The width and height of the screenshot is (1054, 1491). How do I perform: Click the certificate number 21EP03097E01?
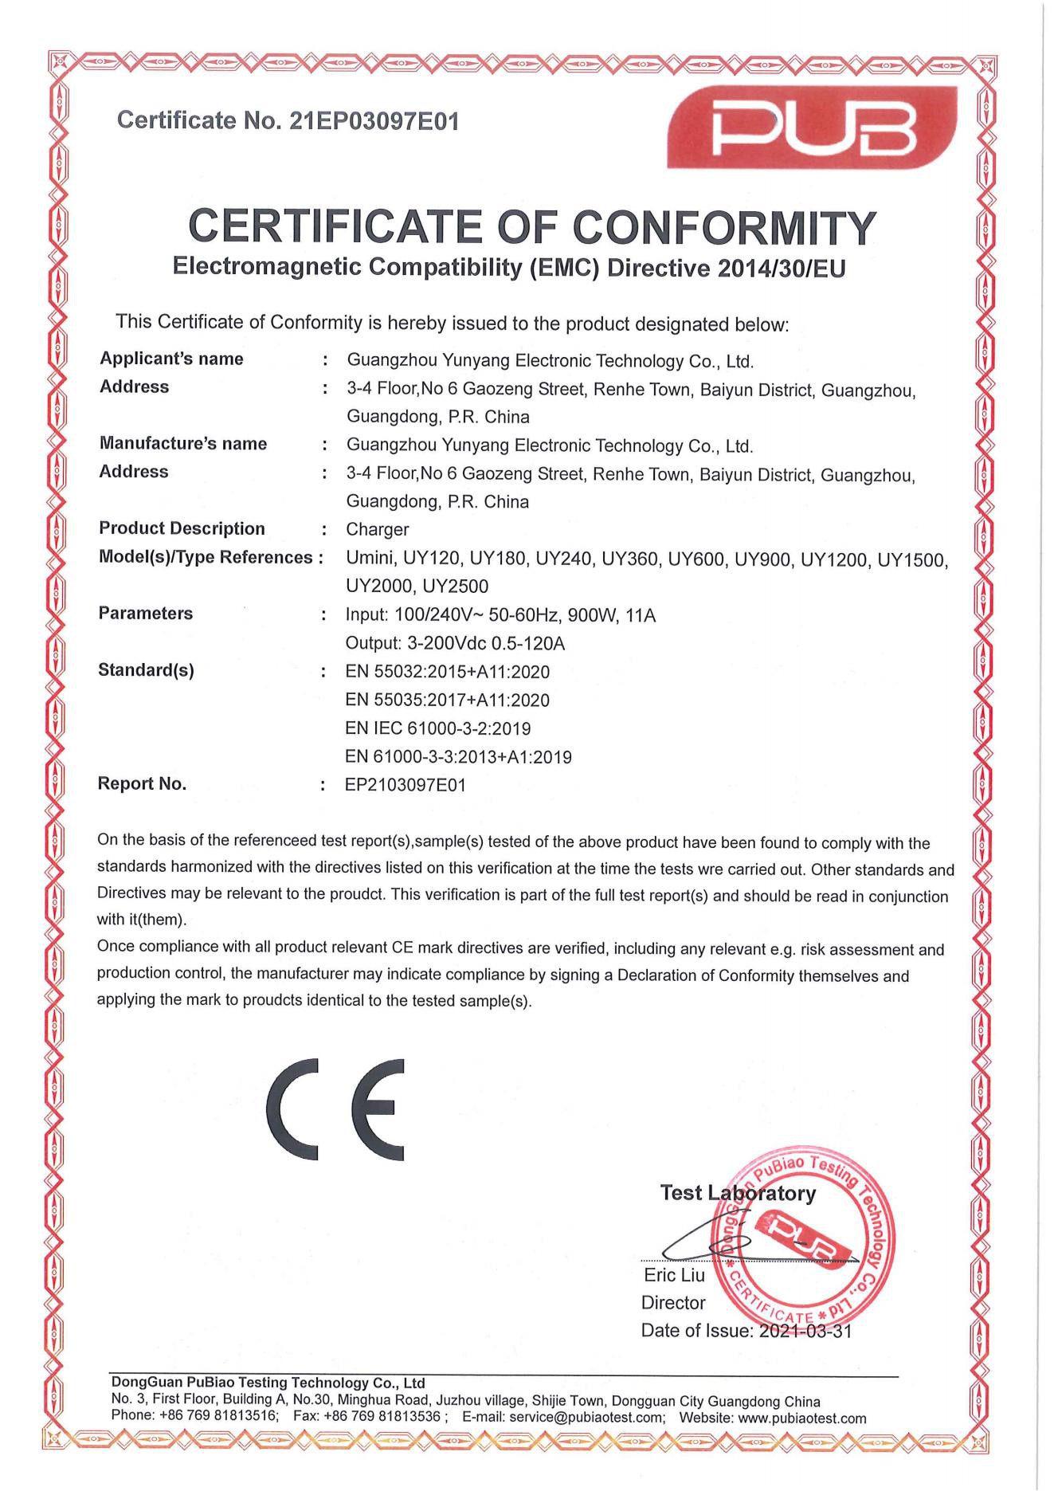click(x=374, y=121)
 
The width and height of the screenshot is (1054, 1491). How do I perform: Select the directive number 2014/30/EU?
click(x=782, y=269)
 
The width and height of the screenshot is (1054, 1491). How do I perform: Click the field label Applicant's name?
click(x=171, y=359)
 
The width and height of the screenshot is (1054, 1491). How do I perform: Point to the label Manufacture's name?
click(x=182, y=444)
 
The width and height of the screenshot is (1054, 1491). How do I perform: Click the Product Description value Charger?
click(x=377, y=529)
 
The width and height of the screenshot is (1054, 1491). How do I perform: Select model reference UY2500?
click(x=455, y=587)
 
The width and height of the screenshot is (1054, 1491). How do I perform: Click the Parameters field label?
click(x=145, y=614)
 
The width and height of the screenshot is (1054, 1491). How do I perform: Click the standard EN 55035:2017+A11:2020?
click(x=447, y=700)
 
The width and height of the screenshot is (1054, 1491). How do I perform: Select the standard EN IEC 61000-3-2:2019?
click(x=437, y=728)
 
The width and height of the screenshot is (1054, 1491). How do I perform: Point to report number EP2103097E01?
click(x=405, y=785)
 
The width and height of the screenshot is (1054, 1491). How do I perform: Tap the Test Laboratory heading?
click(x=738, y=1193)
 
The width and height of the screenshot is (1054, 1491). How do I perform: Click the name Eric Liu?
click(x=674, y=1276)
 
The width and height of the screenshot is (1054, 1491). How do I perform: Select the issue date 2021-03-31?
click(x=805, y=1331)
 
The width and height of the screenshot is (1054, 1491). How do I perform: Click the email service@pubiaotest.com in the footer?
click(x=587, y=1418)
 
